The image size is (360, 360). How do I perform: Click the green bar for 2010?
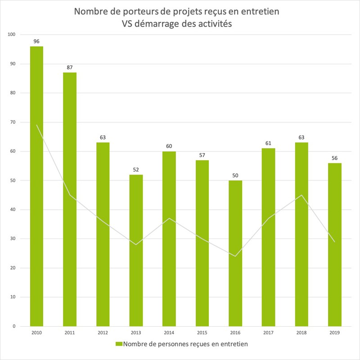[36, 186]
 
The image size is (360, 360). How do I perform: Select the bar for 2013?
[136, 250]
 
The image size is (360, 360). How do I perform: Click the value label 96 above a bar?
[36, 41]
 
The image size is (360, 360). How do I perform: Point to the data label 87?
[70, 67]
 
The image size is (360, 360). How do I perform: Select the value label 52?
[136, 170]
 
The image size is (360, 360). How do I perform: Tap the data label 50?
[235, 175]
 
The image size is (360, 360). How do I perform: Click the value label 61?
[268, 144]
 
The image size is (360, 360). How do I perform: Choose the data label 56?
[334, 158]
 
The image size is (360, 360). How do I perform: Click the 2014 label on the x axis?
[169, 333]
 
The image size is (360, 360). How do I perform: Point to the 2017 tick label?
[268, 333]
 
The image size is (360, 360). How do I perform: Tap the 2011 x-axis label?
[70, 333]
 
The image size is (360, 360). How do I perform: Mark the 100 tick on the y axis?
[12, 35]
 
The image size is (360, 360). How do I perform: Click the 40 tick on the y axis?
[13, 210]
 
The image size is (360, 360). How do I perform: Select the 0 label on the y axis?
[14, 326]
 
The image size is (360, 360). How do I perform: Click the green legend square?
[119, 344]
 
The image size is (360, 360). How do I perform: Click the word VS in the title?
[129, 25]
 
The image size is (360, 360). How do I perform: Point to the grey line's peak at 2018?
[301, 195]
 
